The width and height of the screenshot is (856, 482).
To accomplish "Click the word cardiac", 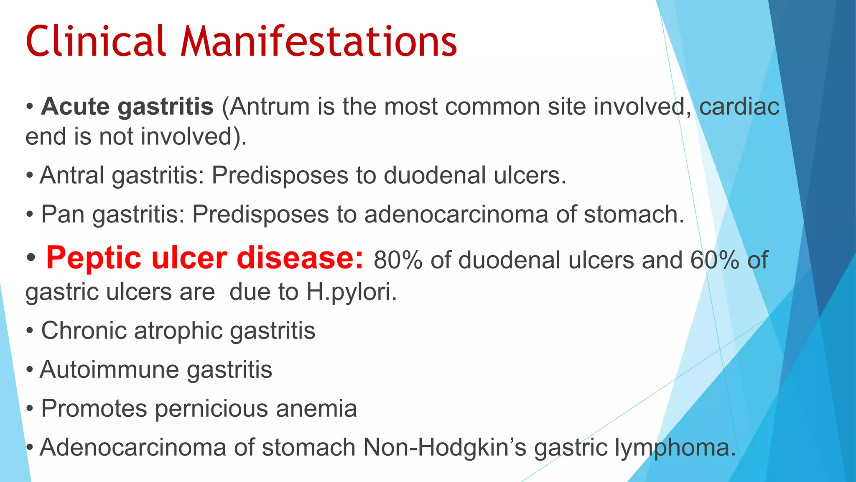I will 739,106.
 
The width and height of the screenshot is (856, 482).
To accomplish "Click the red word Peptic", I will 94,258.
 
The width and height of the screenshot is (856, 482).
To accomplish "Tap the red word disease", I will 300,258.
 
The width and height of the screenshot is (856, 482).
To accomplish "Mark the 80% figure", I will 398,260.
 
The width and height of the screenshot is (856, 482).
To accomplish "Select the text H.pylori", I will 351,292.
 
